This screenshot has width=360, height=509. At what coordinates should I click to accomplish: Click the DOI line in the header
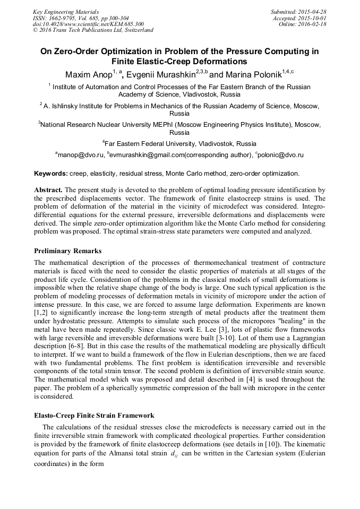pyautogui.click(x=88, y=24)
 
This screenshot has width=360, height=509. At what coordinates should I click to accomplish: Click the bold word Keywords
pyautogui.click(x=50, y=173)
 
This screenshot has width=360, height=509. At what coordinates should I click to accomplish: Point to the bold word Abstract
pyautogui.click(x=49, y=189)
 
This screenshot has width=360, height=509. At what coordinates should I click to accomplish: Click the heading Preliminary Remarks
pyautogui.click(x=68, y=251)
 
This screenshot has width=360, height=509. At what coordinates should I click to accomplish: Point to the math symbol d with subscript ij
pyautogui.click(x=174, y=454)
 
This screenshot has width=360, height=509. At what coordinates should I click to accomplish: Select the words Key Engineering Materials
pyautogui.click(x=66, y=11)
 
